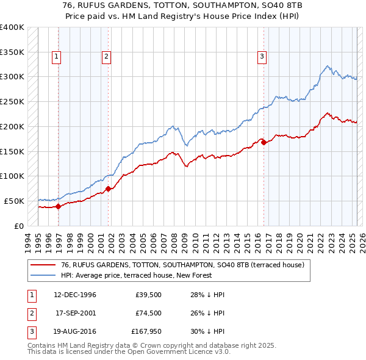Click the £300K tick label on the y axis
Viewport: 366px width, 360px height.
click(x=12, y=77)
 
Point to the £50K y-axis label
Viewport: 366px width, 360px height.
click(x=14, y=201)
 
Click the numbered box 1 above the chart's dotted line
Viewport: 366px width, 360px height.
click(x=56, y=57)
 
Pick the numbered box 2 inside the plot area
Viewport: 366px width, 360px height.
click(x=106, y=57)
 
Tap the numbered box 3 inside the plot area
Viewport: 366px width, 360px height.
click(x=262, y=57)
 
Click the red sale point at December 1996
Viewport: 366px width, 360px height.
click(x=59, y=206)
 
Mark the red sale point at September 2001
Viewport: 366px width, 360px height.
click(x=108, y=189)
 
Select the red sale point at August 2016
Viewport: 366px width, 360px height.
click(x=264, y=142)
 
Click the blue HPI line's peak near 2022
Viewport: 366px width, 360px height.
click(x=328, y=66)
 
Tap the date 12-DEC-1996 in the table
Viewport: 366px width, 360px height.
click(x=75, y=295)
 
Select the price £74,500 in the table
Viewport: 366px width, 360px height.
click(x=148, y=314)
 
